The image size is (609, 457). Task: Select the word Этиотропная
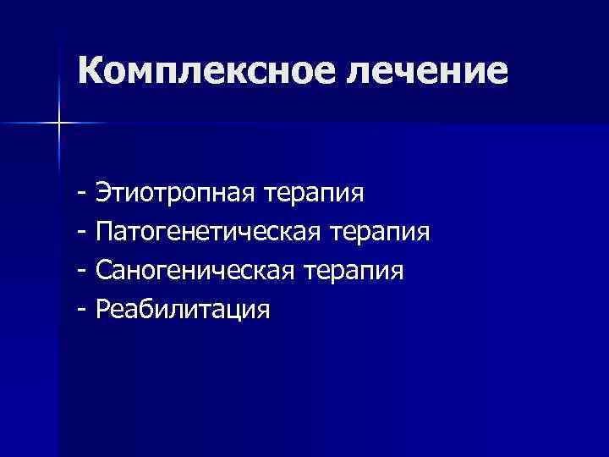click(175, 192)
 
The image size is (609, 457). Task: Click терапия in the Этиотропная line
click(314, 192)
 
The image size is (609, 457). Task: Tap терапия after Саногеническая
click(354, 270)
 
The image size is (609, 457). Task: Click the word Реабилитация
click(184, 309)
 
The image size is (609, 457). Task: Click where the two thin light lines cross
click(59, 124)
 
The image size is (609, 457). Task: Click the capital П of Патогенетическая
click(106, 231)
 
